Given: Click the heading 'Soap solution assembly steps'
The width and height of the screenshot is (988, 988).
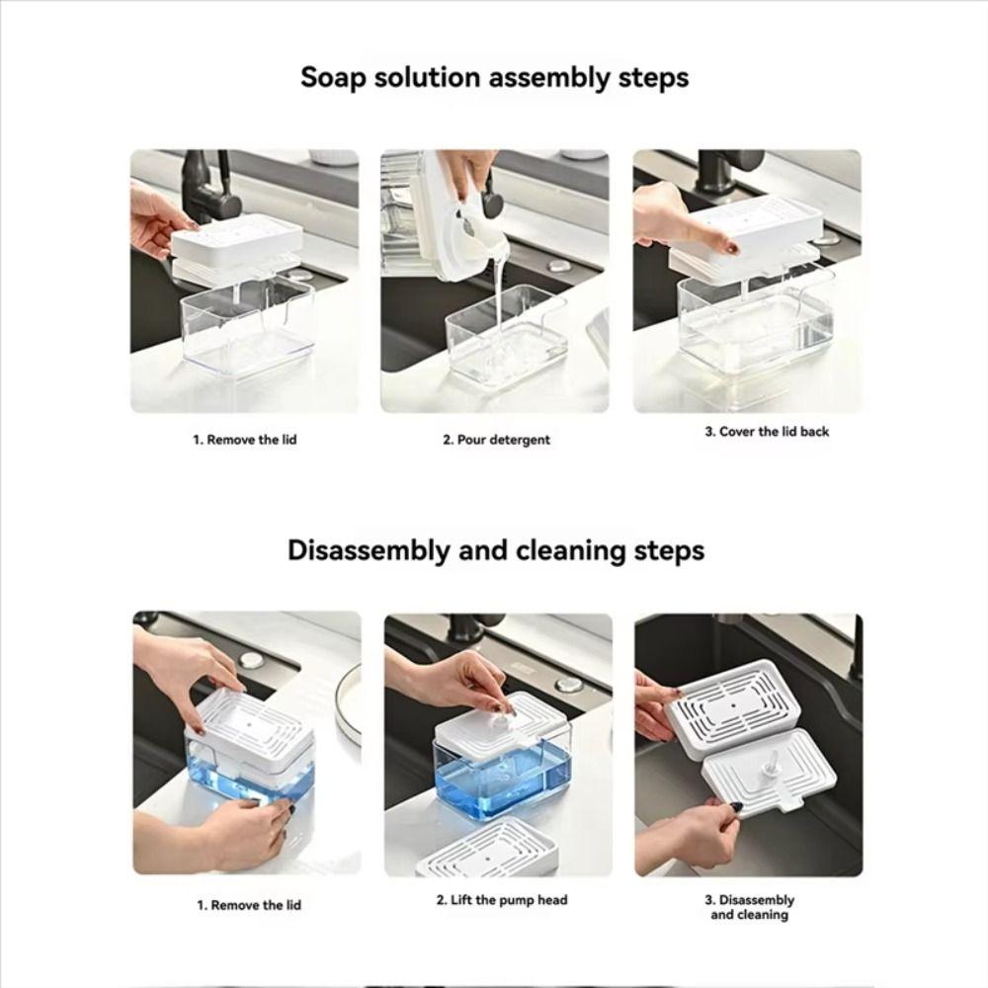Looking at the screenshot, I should coord(494,77).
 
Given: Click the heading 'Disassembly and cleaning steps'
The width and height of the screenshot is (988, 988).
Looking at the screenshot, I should coord(496,550).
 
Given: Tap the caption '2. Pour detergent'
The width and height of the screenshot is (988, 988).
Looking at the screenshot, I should coord(495,440).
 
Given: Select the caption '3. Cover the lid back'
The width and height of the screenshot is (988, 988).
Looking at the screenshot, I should coord(767,432).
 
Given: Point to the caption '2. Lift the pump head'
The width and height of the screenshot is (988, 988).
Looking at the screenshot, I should coord(502,900).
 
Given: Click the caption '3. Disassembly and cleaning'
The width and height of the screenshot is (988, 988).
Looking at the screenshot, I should coord(749,907).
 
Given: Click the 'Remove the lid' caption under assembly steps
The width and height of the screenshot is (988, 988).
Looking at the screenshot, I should coord(244,440).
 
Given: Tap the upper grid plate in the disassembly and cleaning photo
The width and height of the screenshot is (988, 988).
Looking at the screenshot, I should coord(732,701).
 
